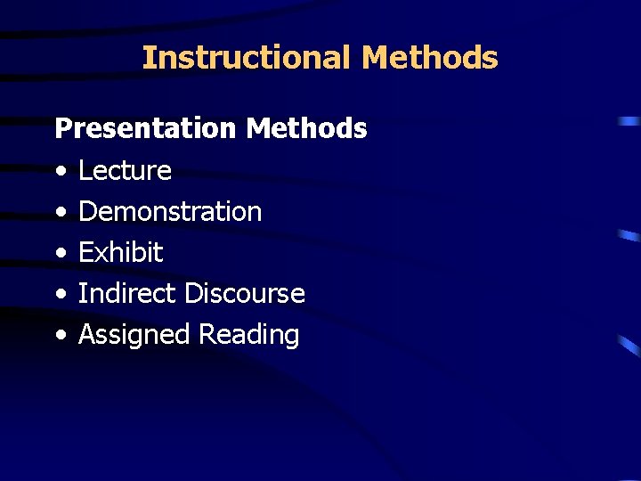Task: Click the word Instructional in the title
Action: click(247, 58)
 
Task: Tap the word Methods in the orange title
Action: click(430, 58)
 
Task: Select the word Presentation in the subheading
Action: click(146, 129)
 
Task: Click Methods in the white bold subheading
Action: click(306, 129)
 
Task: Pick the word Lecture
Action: click(125, 170)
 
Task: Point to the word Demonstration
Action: click(170, 212)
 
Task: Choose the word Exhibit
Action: click(120, 253)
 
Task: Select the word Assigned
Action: click(134, 335)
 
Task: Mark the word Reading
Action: click(248, 335)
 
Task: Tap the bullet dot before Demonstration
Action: click(60, 213)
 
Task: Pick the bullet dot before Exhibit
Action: click(60, 254)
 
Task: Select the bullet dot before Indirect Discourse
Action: click(60, 295)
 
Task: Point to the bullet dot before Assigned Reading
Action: click(60, 336)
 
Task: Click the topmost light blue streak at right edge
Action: click(629, 120)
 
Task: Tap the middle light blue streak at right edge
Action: click(629, 236)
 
